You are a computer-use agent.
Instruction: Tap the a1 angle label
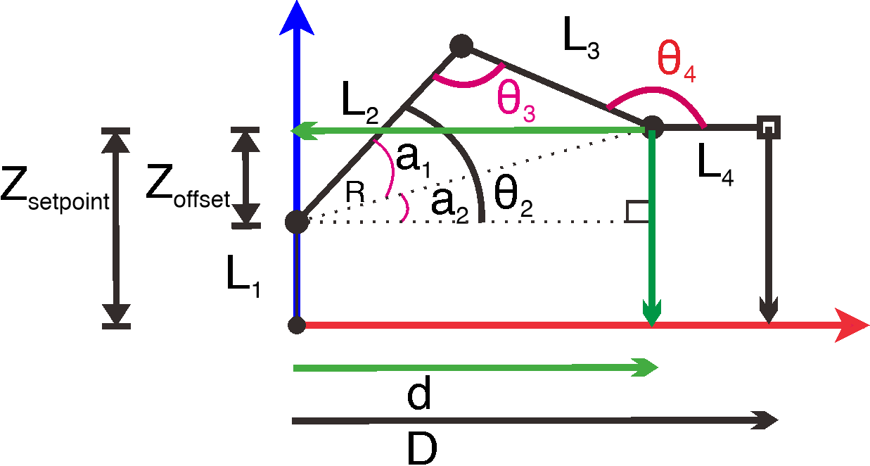coord(415,160)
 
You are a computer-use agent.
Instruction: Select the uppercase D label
coord(423,448)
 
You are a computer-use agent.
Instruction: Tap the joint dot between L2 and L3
coord(461,46)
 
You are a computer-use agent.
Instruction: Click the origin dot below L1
coord(297,325)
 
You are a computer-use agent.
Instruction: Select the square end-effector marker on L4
coord(768,127)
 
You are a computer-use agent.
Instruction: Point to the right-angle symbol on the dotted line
coord(636,212)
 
